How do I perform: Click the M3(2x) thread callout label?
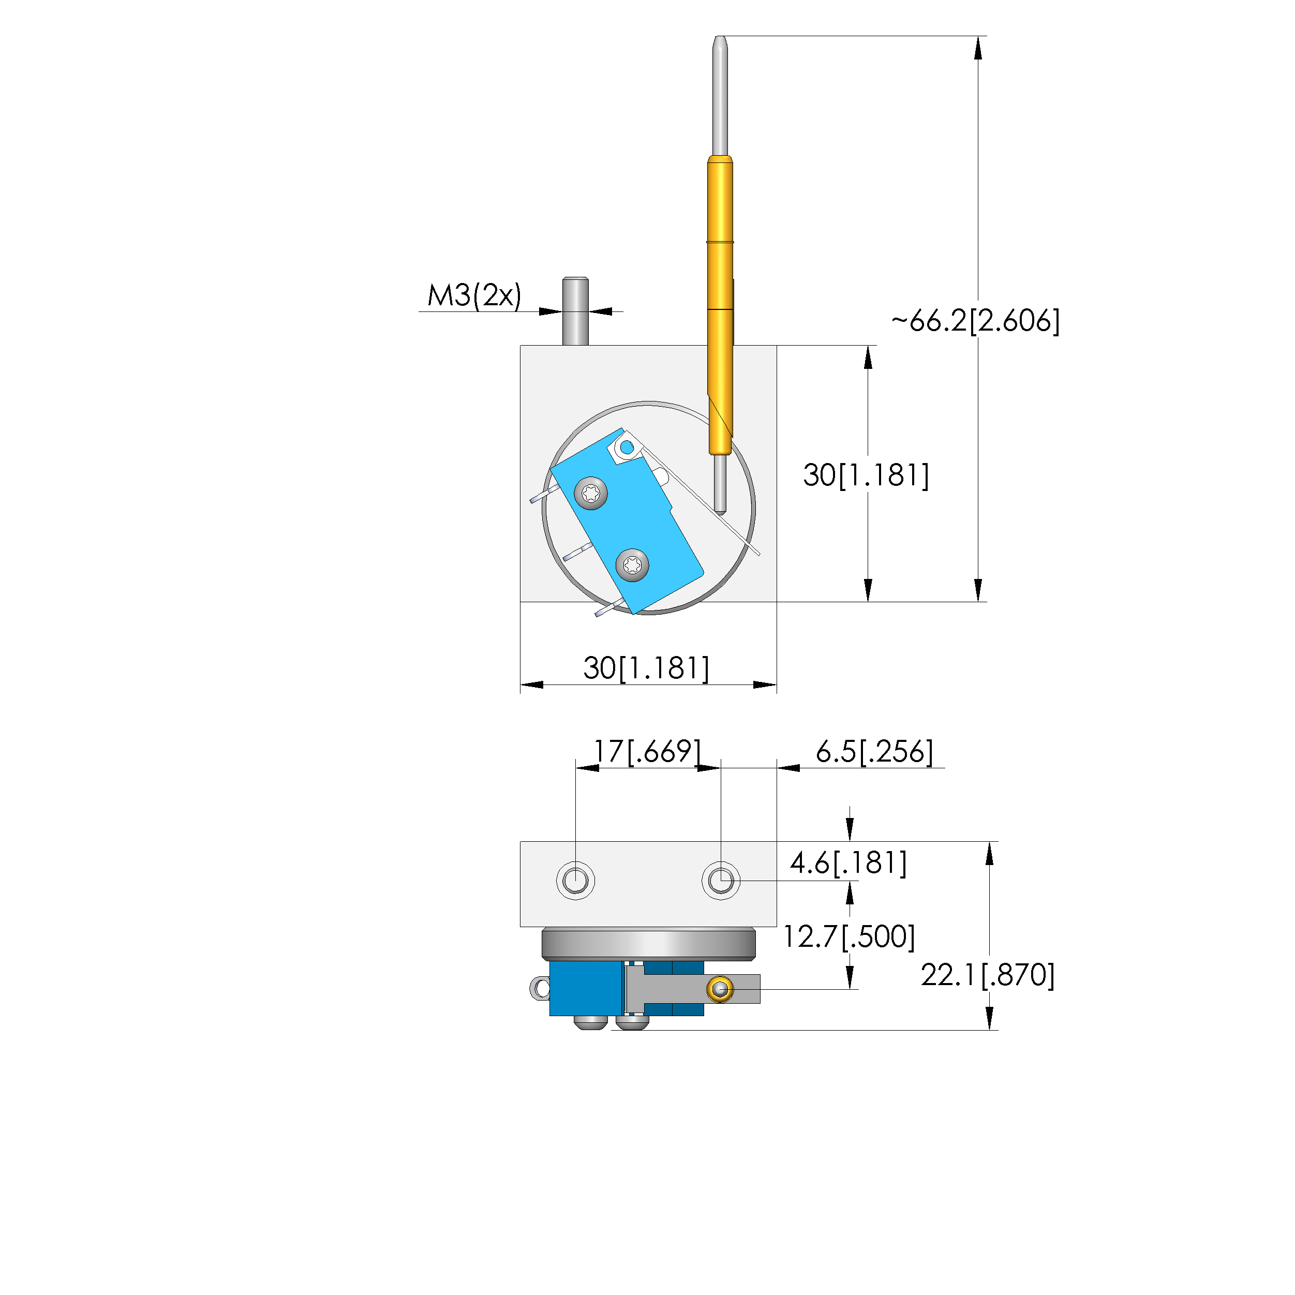[474, 295]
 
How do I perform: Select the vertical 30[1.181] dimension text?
[866, 475]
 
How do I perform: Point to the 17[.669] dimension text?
[648, 751]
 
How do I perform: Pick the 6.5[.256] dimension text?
[874, 751]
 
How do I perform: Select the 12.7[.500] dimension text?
[849, 936]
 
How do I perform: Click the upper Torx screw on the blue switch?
[591, 494]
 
